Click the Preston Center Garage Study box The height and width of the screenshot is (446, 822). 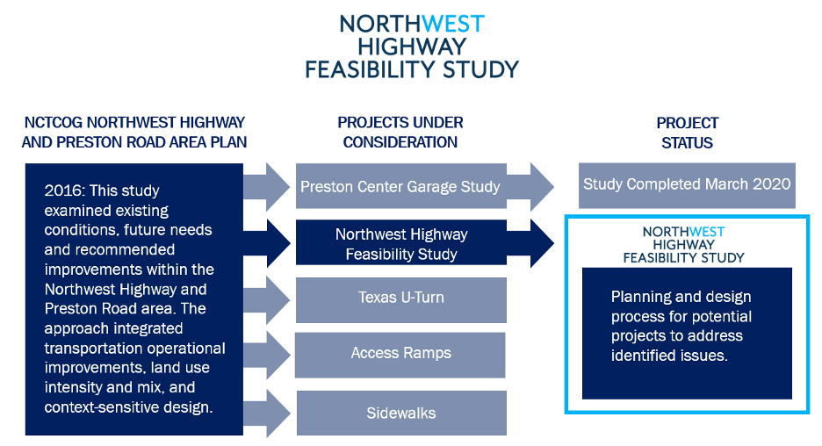pyautogui.click(x=400, y=186)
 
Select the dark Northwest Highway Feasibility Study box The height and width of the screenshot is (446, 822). pyautogui.click(x=400, y=244)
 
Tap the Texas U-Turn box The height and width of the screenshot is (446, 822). pyautogui.click(x=400, y=299)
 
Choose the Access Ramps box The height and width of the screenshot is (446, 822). pyautogui.click(x=400, y=354)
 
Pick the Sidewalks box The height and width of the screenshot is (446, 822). pyautogui.click(x=400, y=413)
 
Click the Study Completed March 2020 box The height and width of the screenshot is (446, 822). pyautogui.click(x=686, y=185)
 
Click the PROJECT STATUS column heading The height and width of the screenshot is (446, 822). pyautogui.click(x=687, y=133)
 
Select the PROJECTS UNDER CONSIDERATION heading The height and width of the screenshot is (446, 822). pyautogui.click(x=400, y=133)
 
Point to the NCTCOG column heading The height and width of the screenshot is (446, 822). pyautogui.click(x=134, y=133)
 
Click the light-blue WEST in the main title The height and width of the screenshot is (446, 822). pyautogui.click(x=452, y=24)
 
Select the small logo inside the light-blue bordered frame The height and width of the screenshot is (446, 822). pyautogui.click(x=684, y=245)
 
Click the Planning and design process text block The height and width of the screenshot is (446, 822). pyautogui.click(x=681, y=327)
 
